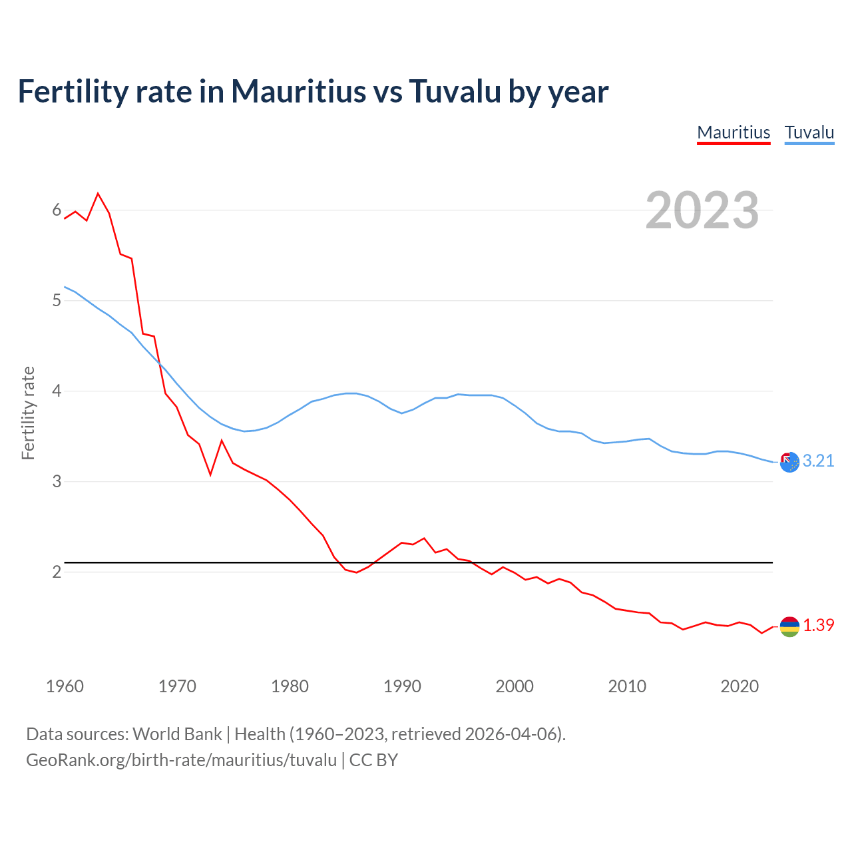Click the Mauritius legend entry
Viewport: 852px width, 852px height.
coord(734,132)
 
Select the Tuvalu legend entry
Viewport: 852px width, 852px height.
coord(809,132)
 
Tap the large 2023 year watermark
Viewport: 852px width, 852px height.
coord(702,210)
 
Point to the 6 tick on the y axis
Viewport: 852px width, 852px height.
coord(57,210)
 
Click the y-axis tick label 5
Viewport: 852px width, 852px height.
coord(57,300)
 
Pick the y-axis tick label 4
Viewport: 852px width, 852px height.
coord(57,391)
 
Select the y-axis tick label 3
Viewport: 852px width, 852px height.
coord(57,481)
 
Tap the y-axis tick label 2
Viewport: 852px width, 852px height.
coord(57,571)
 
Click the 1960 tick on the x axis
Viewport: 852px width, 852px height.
coord(65,686)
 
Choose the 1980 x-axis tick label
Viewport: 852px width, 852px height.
coord(290,686)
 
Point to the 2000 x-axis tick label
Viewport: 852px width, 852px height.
coord(515,686)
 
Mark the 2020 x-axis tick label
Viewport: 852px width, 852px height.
coord(740,686)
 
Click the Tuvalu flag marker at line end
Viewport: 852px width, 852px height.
coord(789,462)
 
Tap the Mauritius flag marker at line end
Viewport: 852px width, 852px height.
coord(789,626)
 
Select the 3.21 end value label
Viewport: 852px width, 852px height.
coord(818,461)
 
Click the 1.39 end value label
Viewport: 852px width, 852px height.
coord(818,625)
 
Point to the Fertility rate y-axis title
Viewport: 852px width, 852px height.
coord(28,413)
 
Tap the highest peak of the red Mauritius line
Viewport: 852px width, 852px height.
coord(98,194)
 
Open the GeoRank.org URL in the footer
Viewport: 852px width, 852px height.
coord(181,760)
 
